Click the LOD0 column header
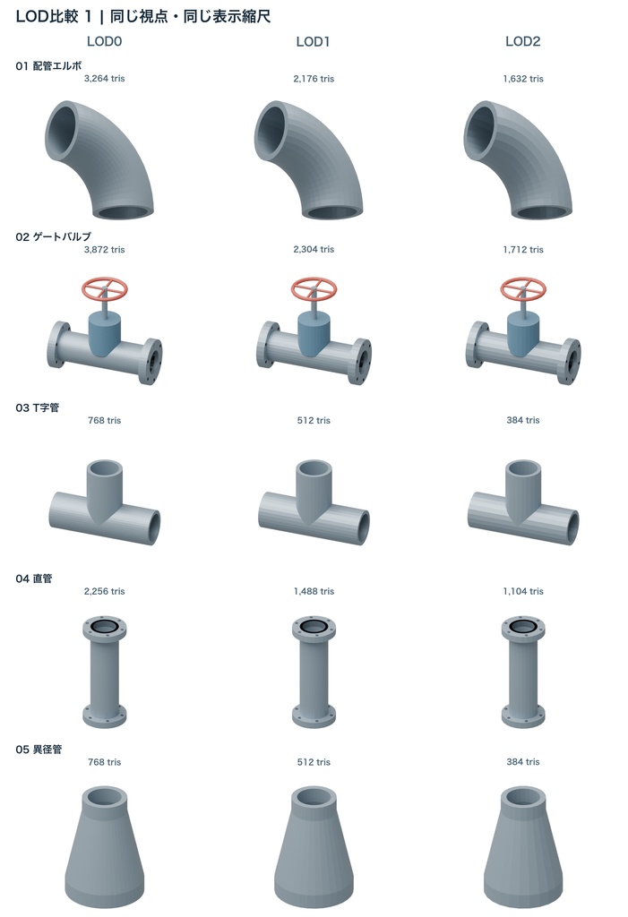(104, 41)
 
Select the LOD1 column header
(314, 41)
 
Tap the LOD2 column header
(522, 41)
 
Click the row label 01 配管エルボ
(48, 66)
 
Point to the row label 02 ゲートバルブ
(53, 236)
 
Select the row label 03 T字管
(38, 407)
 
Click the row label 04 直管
(34, 578)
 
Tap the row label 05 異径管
(39, 750)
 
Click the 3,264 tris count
(104, 79)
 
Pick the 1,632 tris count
(523, 79)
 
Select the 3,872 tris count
(104, 249)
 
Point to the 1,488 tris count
(314, 591)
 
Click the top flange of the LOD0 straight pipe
(105, 629)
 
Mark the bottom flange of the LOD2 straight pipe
(523, 716)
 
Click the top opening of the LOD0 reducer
(105, 797)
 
